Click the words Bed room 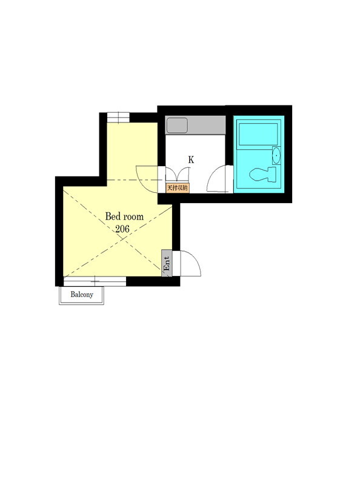tap(124, 216)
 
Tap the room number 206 tap(122, 229)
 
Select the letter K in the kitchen tap(191, 160)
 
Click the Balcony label tap(82, 295)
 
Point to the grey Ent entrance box tap(167, 263)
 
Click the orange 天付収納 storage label tap(178, 188)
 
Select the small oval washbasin tap(276, 155)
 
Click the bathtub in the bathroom tap(258, 134)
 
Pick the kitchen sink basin tap(177, 126)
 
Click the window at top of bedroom tap(118, 117)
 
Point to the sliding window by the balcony tap(95, 281)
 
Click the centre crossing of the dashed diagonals tap(121, 239)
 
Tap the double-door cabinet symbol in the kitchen tap(177, 175)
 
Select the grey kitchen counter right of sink tap(207, 125)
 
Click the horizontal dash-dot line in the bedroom tap(132, 180)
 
